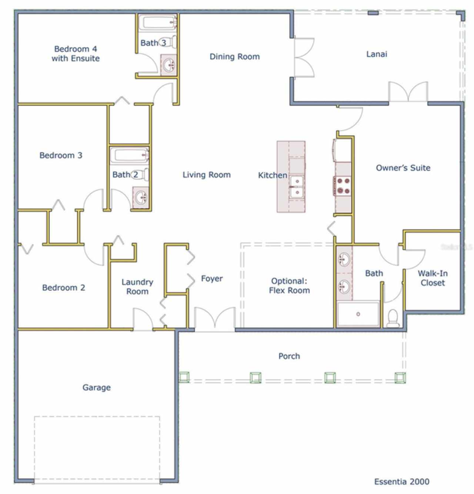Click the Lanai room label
coord(377,54)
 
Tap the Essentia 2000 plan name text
coord(402,481)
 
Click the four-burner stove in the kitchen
coord(343,186)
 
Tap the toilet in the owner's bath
coord(393,318)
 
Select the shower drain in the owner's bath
coord(358,314)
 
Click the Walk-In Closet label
coord(433,278)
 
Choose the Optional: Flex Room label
coord(289,286)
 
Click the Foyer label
coord(212,278)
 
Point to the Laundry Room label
coord(137,287)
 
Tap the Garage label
coord(96,388)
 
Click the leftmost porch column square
coord(184,377)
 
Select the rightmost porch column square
coord(400,378)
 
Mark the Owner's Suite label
coord(403,168)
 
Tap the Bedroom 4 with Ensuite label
coord(76,54)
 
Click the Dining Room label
coord(234,57)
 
